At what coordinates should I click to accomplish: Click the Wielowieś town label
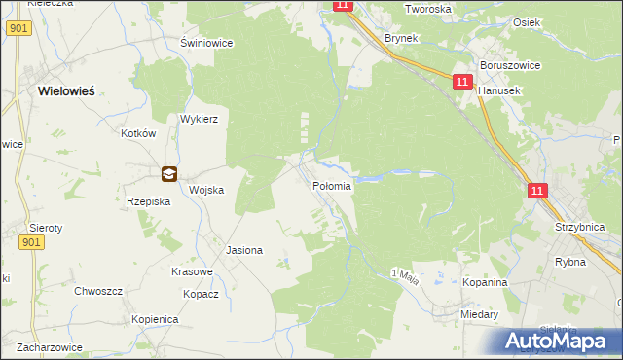click(65, 90)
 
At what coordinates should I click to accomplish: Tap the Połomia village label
click(332, 185)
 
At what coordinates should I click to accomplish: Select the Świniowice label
click(203, 44)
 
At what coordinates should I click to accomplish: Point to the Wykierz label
click(198, 119)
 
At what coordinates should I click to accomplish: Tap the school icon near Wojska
click(169, 174)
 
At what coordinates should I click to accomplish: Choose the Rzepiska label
click(149, 201)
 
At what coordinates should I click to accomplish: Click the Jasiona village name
click(244, 250)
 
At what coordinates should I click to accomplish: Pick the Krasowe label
click(192, 271)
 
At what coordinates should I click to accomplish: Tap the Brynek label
click(400, 37)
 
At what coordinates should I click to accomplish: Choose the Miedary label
click(481, 314)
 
